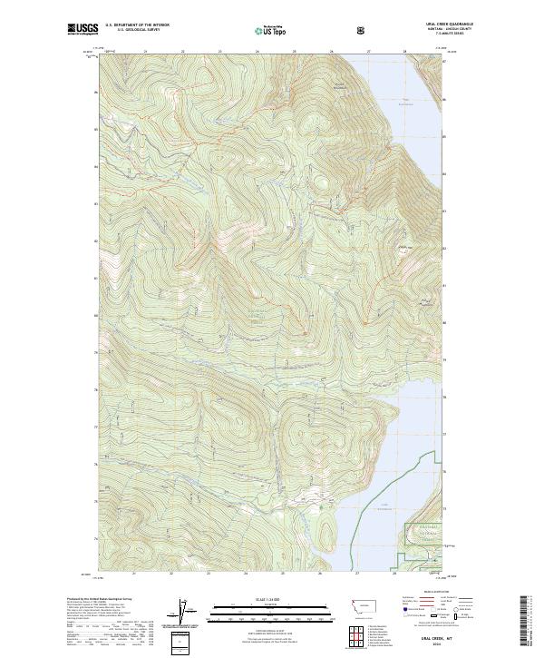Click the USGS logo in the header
click(83, 30)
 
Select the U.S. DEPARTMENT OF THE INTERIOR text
click(137, 25)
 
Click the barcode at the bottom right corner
click(528, 625)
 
